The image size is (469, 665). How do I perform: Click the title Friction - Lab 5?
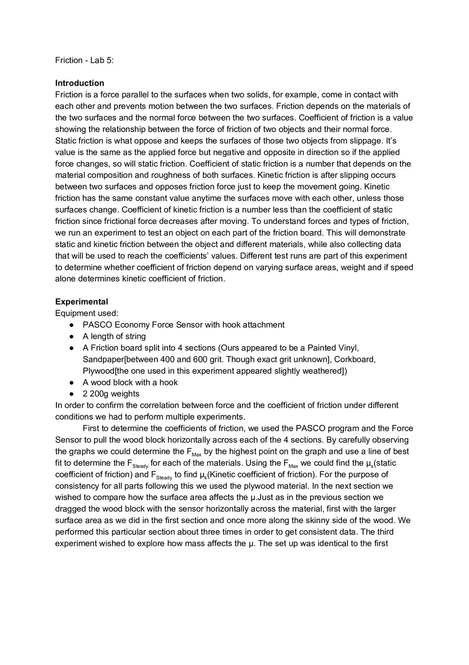point(84,60)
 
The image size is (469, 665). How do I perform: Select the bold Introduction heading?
point(79,83)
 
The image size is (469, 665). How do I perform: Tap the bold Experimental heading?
point(82,302)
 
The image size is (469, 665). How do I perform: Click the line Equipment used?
point(86,313)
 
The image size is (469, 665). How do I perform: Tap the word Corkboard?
point(354,359)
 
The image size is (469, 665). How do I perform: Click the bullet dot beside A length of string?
point(71,336)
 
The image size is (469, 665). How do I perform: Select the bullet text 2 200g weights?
point(111,394)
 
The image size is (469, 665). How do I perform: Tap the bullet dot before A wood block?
point(71,382)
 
